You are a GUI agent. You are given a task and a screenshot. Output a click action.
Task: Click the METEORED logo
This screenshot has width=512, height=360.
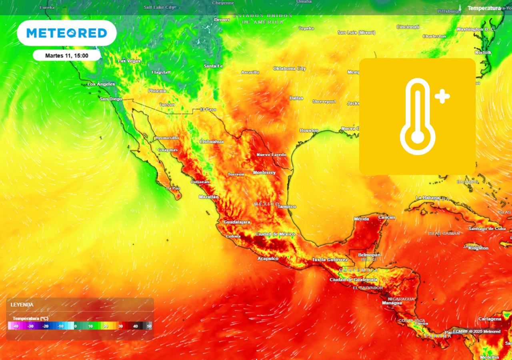click(67, 33)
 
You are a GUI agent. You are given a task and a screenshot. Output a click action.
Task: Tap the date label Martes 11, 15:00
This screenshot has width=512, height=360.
click(67, 56)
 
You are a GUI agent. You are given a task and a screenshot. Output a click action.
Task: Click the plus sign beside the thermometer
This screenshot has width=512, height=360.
click(442, 96)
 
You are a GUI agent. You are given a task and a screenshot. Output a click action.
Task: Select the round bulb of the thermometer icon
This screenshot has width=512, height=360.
click(418, 137)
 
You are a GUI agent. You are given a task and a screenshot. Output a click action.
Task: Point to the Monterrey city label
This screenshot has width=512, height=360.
click(264, 172)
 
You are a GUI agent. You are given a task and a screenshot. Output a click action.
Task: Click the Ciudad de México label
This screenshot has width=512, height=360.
click(275, 234)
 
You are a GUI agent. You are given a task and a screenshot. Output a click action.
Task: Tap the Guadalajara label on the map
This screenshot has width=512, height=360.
click(237, 222)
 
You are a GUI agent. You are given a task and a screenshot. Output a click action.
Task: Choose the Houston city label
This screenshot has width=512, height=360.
click(309, 130)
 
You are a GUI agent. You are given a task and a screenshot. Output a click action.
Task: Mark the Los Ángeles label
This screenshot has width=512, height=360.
click(101, 84)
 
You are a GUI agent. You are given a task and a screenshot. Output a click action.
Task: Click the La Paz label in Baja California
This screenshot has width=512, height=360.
click(173, 188)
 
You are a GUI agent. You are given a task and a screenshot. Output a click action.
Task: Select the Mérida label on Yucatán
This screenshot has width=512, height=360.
click(362, 219)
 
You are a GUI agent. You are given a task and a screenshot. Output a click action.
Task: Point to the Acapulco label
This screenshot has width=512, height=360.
click(268, 259)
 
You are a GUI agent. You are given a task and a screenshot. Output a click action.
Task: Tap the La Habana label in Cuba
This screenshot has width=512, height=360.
click(428, 198)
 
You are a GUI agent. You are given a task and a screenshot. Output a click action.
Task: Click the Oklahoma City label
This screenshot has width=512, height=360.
click(290, 68)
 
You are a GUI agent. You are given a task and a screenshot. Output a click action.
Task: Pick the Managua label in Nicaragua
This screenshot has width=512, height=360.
click(392, 303)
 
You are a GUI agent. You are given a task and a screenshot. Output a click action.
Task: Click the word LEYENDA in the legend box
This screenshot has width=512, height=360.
click(22, 305)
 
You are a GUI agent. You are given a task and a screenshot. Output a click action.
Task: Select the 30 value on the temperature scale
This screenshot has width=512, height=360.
click(120, 326)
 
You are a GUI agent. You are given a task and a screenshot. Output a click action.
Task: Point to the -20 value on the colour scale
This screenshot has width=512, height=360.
click(46, 326)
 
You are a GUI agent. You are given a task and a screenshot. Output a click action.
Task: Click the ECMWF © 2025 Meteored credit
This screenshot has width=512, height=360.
click(476, 331)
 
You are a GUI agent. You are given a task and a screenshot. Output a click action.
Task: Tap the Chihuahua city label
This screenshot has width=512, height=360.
click(212, 142)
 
